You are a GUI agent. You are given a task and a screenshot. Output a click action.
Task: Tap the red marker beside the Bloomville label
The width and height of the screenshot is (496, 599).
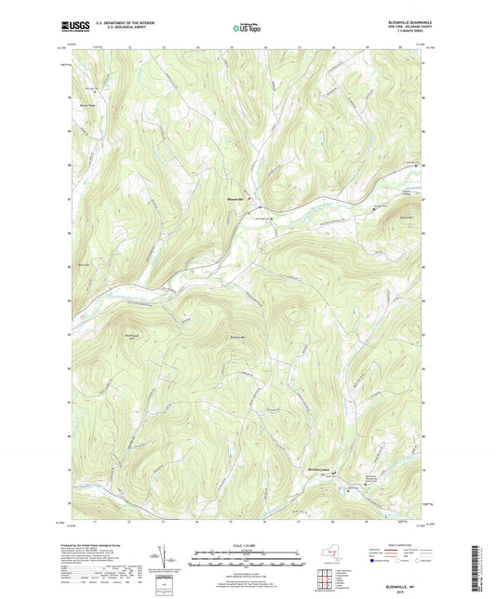click(x=248, y=198)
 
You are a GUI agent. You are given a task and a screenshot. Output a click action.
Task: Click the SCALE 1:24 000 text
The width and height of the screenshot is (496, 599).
click(x=247, y=545)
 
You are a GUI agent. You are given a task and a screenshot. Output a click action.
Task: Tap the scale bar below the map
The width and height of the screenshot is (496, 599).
click(x=247, y=559)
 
